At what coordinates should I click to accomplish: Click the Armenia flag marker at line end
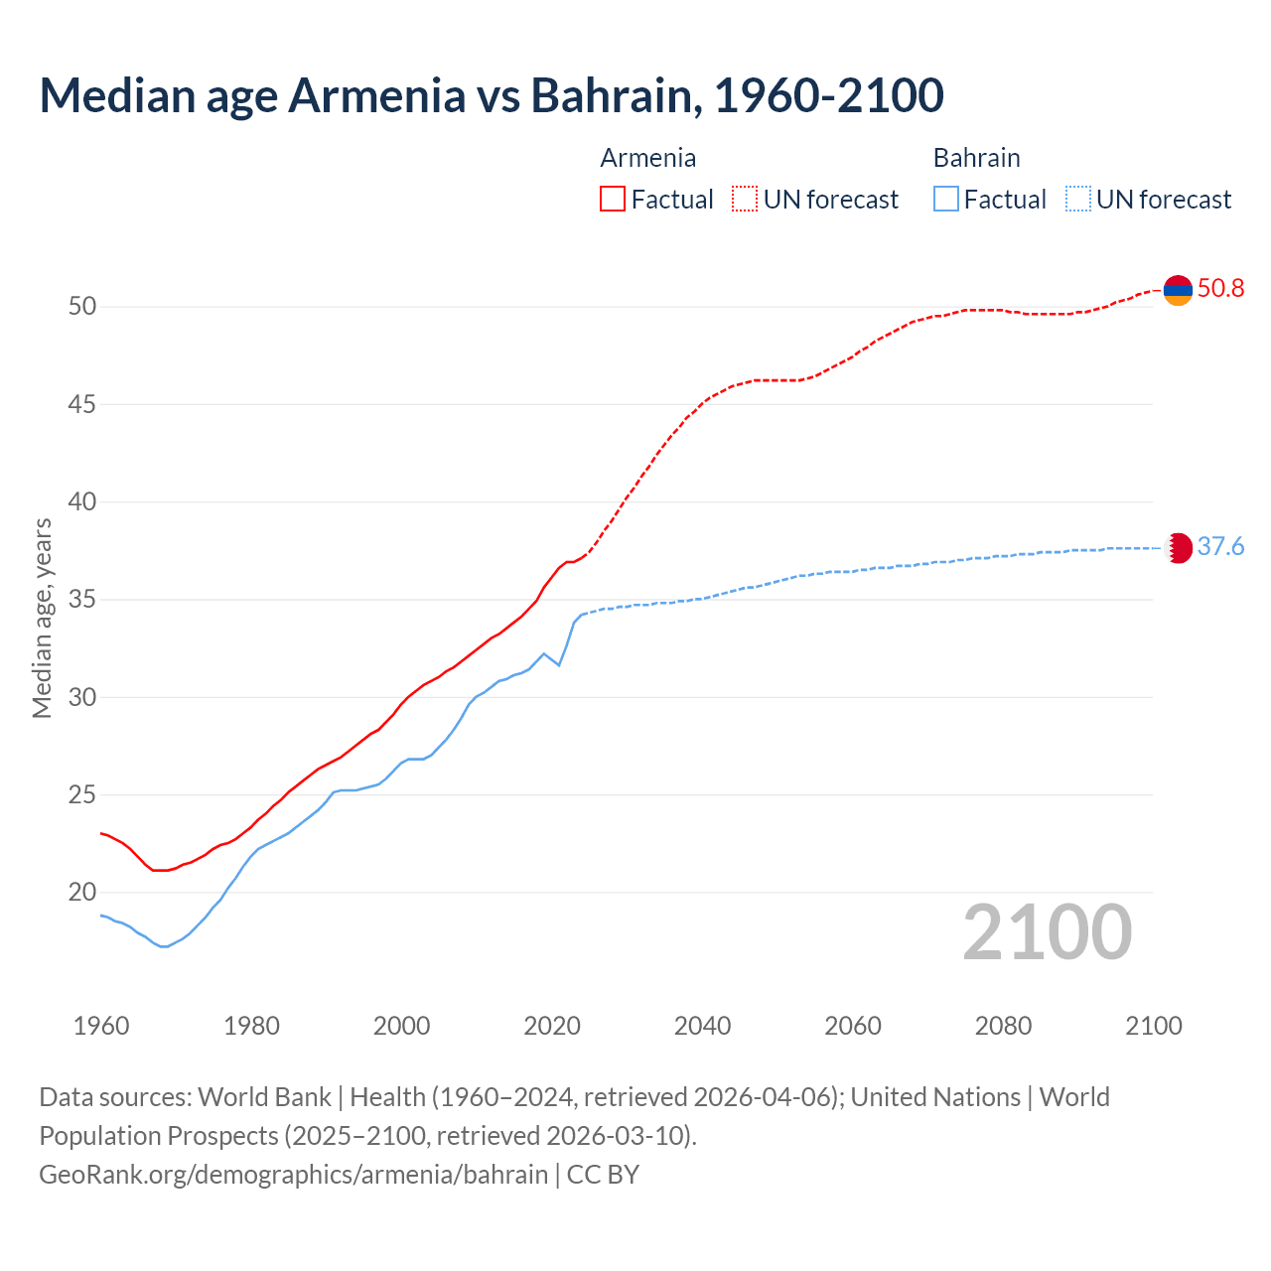click(1178, 290)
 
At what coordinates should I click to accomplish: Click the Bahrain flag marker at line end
click(1178, 548)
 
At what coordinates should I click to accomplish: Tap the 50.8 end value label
click(1220, 289)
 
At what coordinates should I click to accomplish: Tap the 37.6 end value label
click(1220, 547)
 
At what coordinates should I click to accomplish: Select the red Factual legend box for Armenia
click(613, 200)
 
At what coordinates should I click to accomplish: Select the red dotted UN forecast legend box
click(745, 200)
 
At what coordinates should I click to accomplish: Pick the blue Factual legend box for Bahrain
click(946, 200)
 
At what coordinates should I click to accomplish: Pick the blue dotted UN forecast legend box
click(1078, 200)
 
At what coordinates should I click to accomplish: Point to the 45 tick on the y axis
click(82, 404)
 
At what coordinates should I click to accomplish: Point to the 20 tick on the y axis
click(82, 892)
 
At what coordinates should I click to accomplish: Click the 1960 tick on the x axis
click(101, 1026)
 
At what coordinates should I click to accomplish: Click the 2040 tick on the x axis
click(702, 1026)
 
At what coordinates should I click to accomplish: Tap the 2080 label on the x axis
click(1003, 1026)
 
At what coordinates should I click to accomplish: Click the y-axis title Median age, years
click(42, 618)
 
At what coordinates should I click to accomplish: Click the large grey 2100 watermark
click(1047, 931)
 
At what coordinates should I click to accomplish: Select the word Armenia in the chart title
click(376, 95)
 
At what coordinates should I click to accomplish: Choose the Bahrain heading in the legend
click(976, 158)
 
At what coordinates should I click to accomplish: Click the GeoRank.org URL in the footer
click(293, 1175)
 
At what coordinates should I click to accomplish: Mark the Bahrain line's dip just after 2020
click(559, 664)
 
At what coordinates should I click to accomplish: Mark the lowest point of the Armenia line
click(160, 870)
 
